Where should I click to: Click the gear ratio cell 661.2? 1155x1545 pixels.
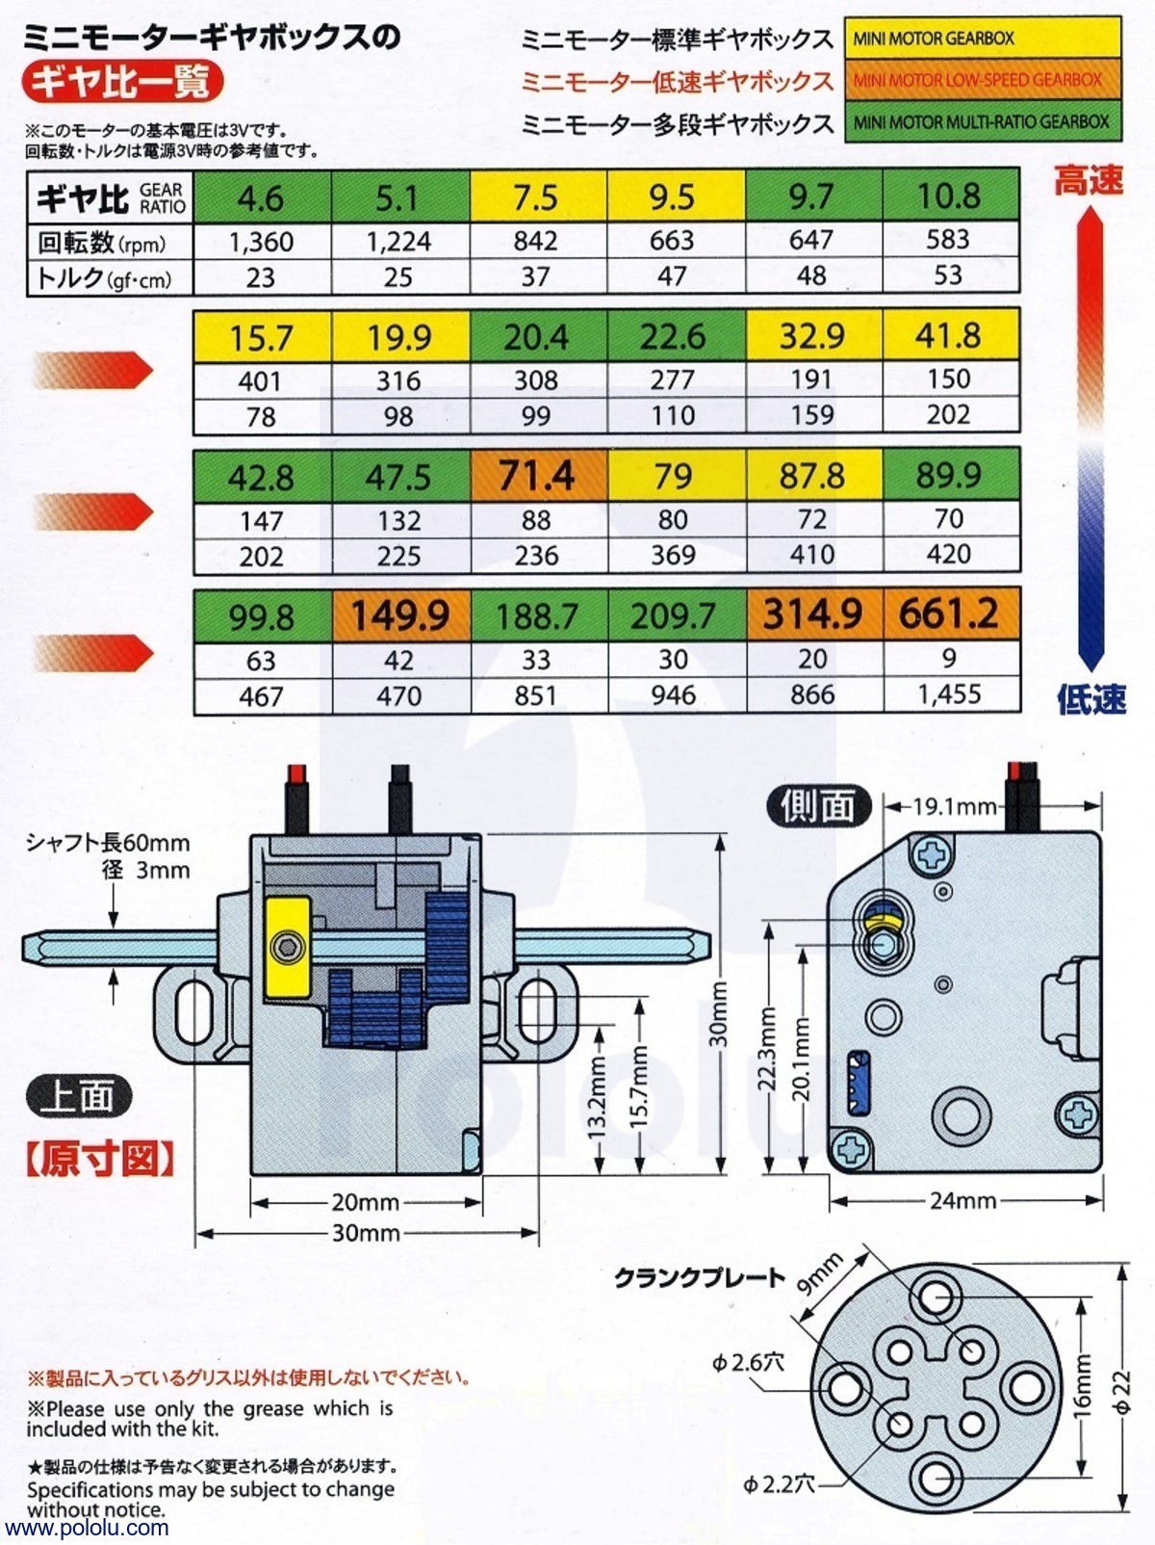point(950,614)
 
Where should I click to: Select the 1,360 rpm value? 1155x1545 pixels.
point(261,242)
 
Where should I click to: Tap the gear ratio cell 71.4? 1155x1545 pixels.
point(537,476)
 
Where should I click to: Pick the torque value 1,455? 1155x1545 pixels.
point(949,694)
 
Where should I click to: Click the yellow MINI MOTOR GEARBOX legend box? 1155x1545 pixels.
point(983,39)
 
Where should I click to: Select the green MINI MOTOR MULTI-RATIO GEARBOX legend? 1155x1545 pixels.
point(983,122)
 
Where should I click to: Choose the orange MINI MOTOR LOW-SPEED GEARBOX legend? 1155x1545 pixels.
point(983,81)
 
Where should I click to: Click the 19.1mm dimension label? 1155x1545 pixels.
point(954,806)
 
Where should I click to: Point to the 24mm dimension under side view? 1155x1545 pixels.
point(962,1200)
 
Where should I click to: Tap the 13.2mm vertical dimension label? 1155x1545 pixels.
point(597,1098)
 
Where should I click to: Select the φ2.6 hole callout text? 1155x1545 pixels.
point(749,1362)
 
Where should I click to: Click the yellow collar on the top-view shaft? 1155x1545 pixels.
point(288,947)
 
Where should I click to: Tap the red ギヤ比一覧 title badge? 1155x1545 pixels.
point(121,82)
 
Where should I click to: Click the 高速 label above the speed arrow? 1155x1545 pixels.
point(1089,180)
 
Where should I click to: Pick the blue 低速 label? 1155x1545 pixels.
point(1091,699)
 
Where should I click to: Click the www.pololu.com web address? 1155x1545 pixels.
point(87,1529)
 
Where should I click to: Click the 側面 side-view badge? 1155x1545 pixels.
point(818,806)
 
